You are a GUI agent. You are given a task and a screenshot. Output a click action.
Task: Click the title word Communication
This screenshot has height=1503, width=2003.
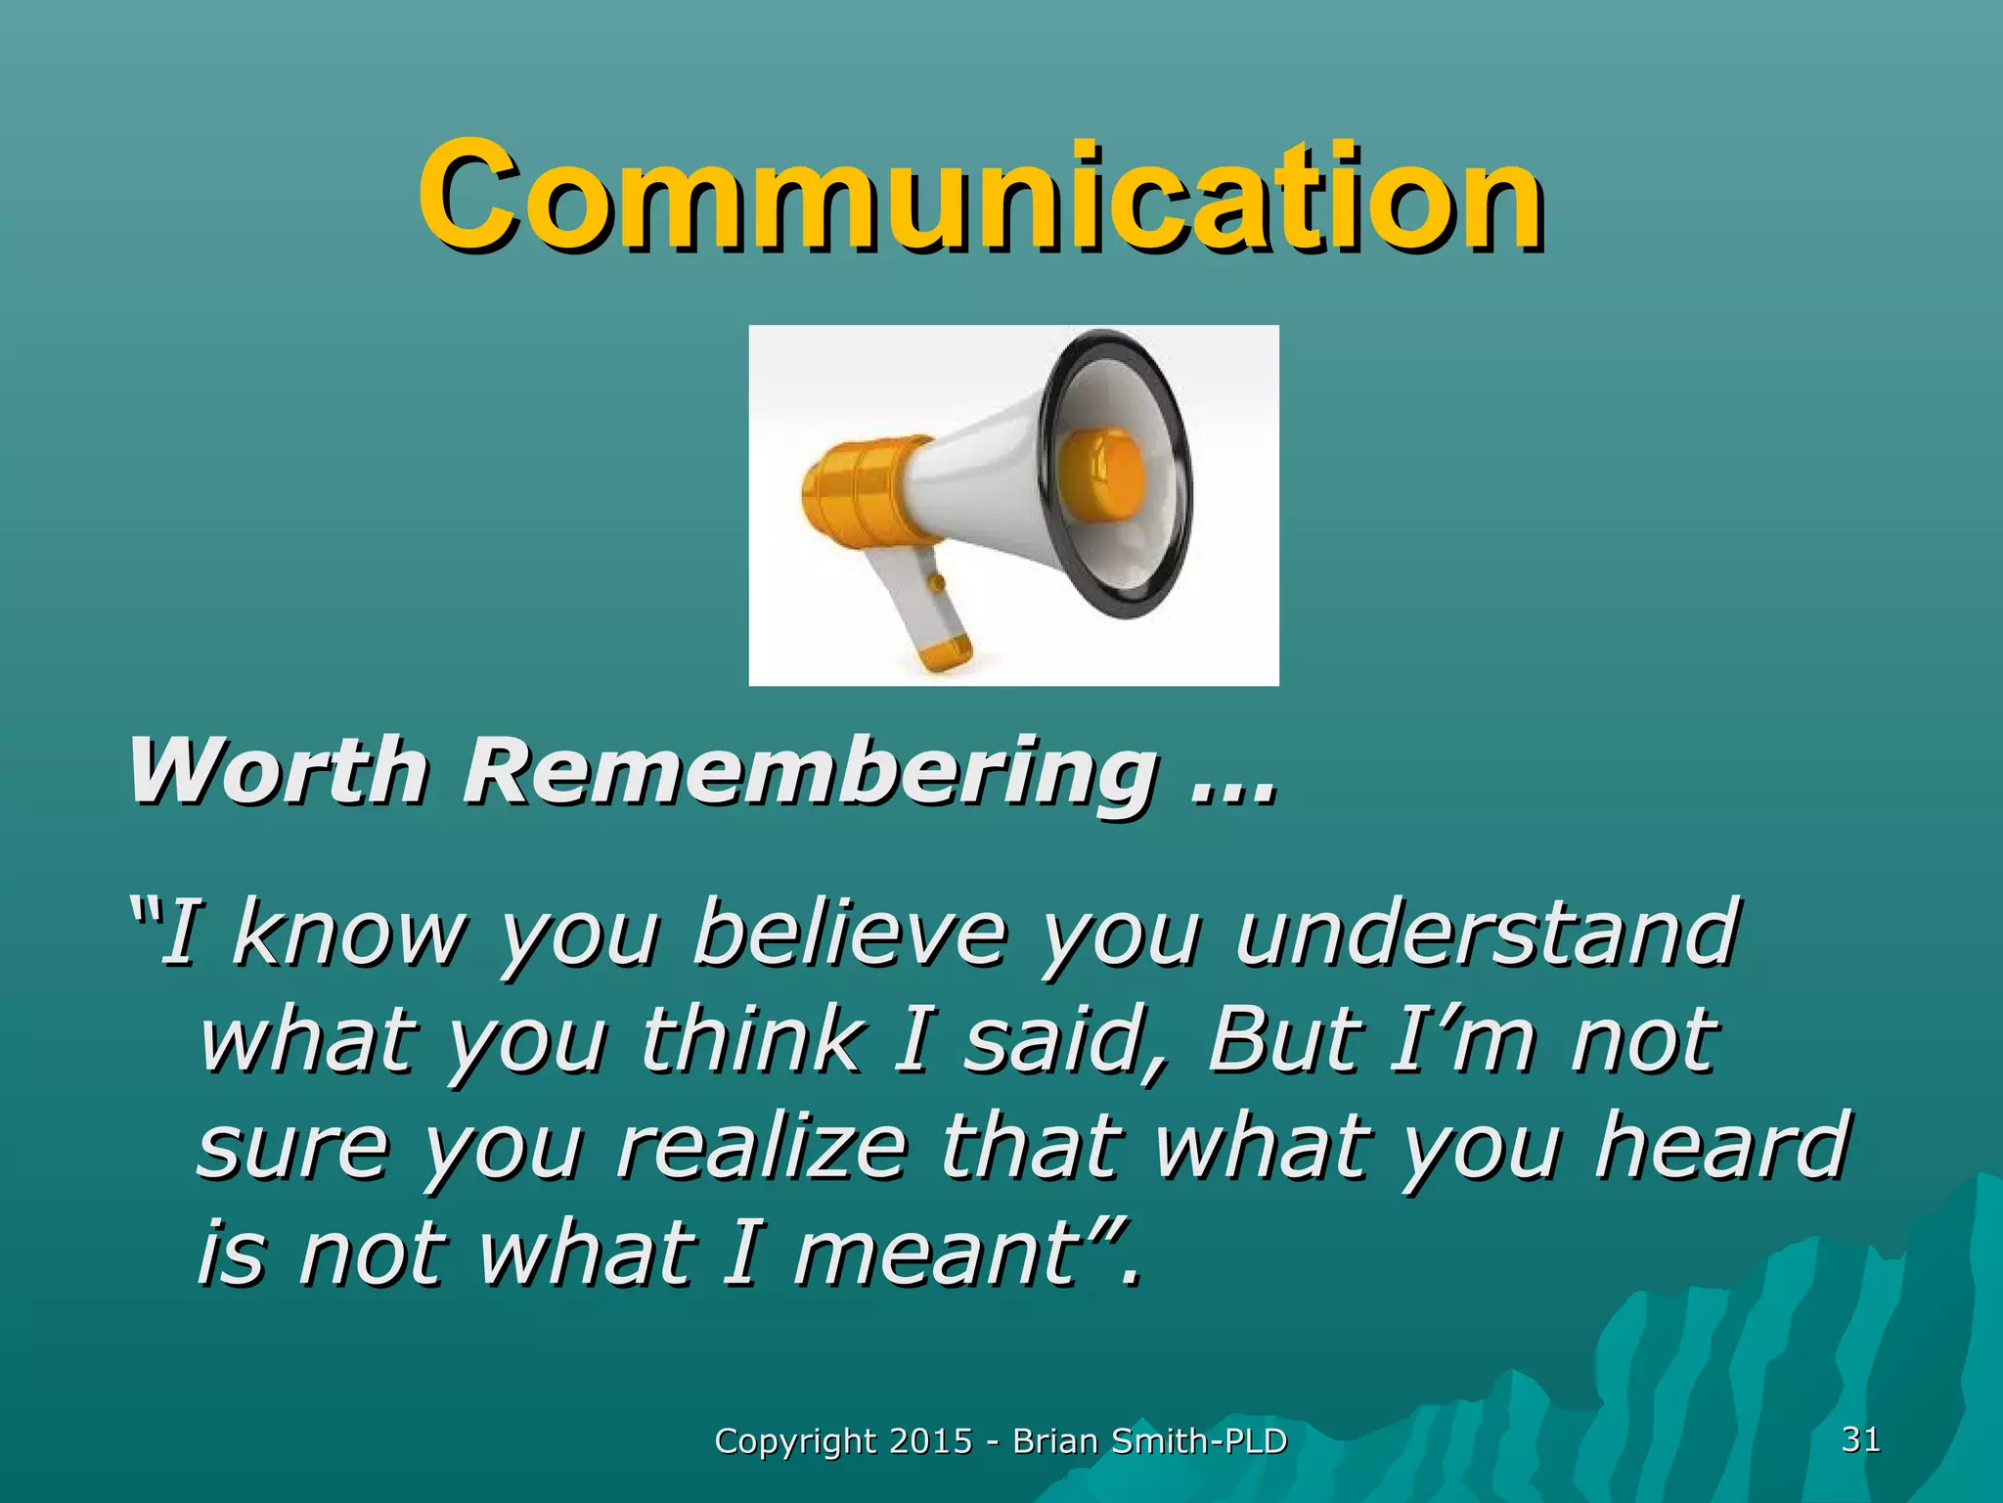(981, 196)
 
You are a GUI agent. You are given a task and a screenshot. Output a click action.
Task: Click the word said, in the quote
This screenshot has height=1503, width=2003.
(1066, 1042)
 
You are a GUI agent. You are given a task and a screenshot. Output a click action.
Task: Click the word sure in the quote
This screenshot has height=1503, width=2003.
(293, 1150)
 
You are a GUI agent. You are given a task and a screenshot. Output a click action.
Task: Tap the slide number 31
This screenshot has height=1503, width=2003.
(1860, 1439)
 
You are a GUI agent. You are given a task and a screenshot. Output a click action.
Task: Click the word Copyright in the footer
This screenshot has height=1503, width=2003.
(795, 1442)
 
